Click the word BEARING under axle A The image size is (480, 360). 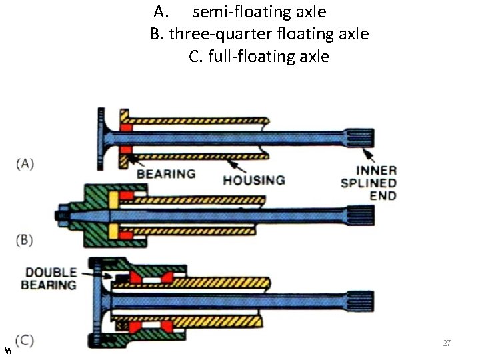click(166, 174)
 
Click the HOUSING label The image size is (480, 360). click(253, 179)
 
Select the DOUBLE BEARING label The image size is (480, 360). click(51, 279)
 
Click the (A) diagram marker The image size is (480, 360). click(25, 163)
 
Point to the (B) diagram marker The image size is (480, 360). click(25, 239)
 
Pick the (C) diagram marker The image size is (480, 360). click(25, 340)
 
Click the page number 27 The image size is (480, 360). click(447, 343)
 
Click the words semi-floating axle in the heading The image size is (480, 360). click(259, 11)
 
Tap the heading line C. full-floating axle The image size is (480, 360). click(259, 56)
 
